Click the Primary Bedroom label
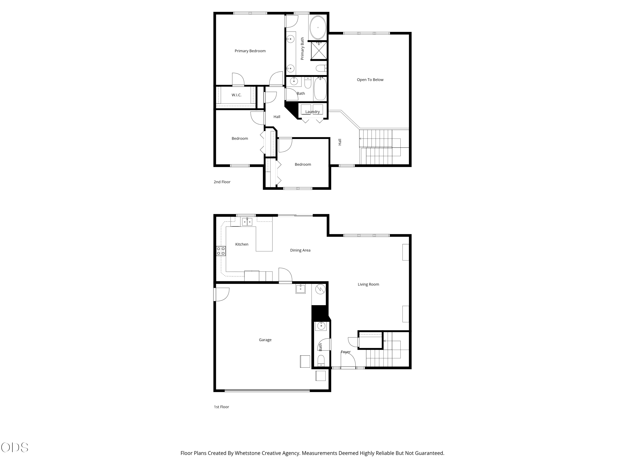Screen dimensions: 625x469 tap(250, 51)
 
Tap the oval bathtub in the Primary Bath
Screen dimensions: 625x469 tap(318, 28)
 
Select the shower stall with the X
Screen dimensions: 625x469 tap(319, 51)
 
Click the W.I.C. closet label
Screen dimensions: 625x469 tap(236, 95)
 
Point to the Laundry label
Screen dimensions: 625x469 tap(312, 112)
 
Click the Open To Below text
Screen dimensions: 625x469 tap(370, 80)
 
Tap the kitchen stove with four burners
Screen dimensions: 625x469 tap(221, 251)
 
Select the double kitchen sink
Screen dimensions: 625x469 tap(247, 222)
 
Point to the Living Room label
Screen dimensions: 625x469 tap(369, 284)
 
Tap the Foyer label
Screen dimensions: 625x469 tap(346, 352)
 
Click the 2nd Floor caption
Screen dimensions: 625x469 tap(222, 182)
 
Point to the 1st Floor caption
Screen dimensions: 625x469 tap(221, 407)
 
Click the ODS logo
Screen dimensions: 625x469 tap(15, 448)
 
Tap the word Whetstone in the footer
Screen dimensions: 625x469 tap(247, 453)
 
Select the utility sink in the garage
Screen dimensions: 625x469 tap(301, 289)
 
